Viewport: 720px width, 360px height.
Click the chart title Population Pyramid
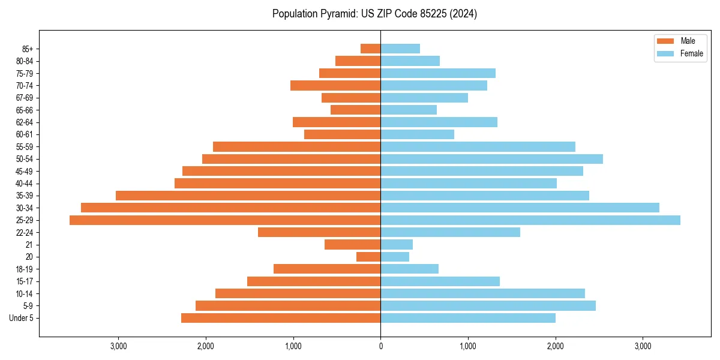pyautogui.click(x=374, y=14)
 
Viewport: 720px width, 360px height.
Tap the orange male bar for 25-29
pyautogui.click(x=225, y=220)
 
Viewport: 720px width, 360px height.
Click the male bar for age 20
pyautogui.click(x=368, y=257)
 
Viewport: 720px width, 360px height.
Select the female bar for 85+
pyautogui.click(x=400, y=49)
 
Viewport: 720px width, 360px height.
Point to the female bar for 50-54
pyautogui.click(x=491, y=159)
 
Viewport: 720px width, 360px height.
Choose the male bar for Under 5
pyautogui.click(x=281, y=318)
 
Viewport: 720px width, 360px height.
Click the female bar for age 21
pyautogui.click(x=397, y=245)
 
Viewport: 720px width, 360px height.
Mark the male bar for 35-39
pyautogui.click(x=248, y=196)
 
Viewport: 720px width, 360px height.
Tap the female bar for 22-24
pyautogui.click(x=450, y=232)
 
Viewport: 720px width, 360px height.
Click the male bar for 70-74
pyautogui.click(x=335, y=86)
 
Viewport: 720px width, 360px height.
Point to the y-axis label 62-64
pyautogui.click(x=25, y=122)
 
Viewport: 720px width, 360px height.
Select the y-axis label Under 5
pyautogui.click(x=22, y=318)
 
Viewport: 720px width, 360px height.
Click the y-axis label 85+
pyautogui.click(x=28, y=49)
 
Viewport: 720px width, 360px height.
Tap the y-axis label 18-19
pyautogui.click(x=25, y=269)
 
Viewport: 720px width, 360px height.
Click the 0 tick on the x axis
pyautogui.click(x=380, y=346)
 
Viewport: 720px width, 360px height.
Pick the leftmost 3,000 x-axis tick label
pyautogui.click(x=118, y=346)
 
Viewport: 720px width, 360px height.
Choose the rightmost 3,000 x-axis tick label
pyautogui.click(x=643, y=346)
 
